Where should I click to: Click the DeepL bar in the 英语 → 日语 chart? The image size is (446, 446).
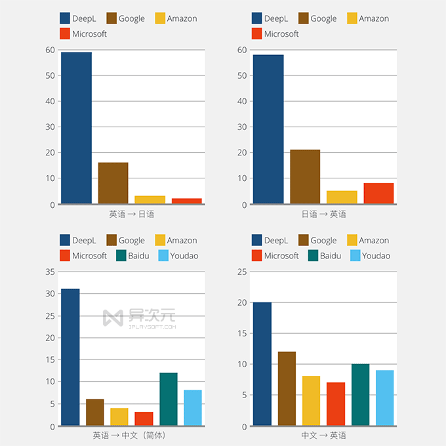click(76, 128)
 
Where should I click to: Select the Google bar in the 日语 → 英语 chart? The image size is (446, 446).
click(305, 176)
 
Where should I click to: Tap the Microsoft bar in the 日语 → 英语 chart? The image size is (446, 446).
click(378, 193)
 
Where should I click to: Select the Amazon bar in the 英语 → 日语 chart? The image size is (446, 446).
click(150, 200)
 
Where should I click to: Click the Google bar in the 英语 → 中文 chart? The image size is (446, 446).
click(94, 413)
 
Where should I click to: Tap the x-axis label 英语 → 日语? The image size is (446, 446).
click(132, 214)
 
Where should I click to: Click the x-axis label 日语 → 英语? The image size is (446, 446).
click(323, 214)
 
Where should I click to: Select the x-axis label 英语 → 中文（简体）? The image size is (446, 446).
click(132, 436)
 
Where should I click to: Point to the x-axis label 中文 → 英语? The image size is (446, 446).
click(323, 436)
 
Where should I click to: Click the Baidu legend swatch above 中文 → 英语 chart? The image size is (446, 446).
click(312, 255)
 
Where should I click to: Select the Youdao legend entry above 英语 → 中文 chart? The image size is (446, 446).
click(178, 255)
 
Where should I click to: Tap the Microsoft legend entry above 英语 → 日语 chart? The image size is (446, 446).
click(83, 33)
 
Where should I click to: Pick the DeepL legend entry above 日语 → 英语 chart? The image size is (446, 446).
click(270, 18)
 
